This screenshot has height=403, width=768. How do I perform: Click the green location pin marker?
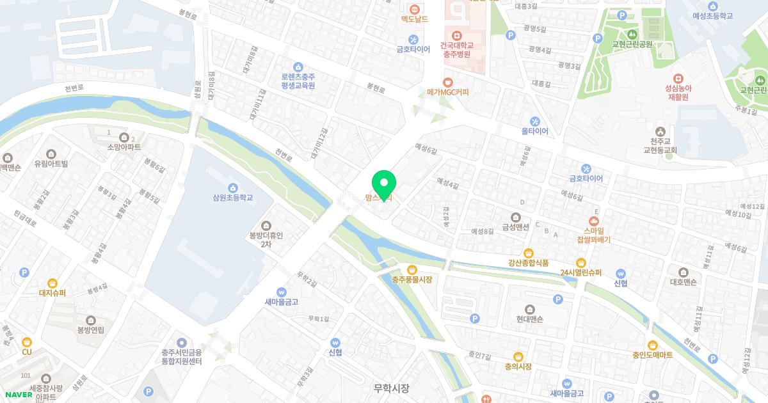tap(384, 184)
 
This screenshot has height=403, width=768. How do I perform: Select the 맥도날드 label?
tap(414, 20)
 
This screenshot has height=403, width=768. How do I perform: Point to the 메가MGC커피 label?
tap(448, 92)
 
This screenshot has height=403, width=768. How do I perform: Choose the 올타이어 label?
tap(535, 131)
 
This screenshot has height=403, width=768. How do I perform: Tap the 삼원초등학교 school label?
tap(232, 198)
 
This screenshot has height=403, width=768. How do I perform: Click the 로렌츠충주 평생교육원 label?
tap(298, 80)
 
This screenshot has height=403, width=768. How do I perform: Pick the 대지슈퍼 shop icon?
tap(52, 283)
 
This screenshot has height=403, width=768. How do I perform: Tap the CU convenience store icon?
tap(26, 342)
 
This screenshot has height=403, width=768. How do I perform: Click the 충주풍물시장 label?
tap(412, 280)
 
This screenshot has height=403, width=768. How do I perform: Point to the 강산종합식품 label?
tap(528, 262)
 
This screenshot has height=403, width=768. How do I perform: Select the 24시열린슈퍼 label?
tap(580, 273)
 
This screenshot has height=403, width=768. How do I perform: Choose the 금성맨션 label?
tap(515, 226)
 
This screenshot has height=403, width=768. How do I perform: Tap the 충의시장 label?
tap(518, 367)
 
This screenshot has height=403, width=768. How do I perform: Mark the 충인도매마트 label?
tap(652, 355)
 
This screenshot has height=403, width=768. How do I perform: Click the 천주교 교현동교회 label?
tap(660, 145)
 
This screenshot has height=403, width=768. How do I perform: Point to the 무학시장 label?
tap(392, 388)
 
